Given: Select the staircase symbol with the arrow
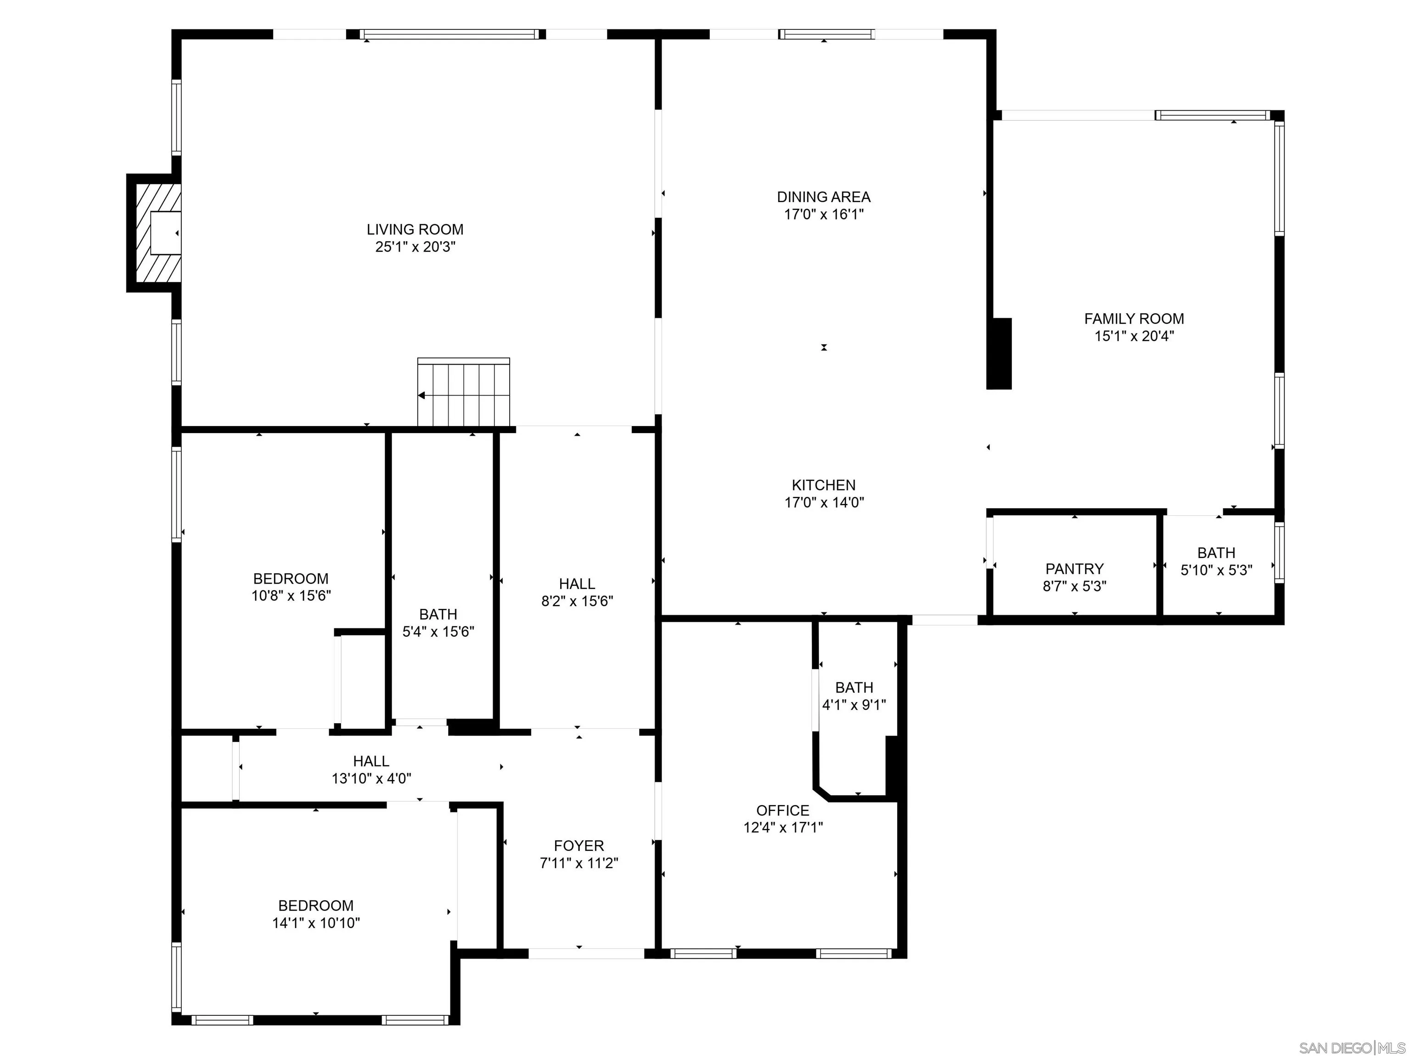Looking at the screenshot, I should point(463,392).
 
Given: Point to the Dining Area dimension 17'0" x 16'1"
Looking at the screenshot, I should point(824,214).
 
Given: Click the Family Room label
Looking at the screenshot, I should point(1134,319).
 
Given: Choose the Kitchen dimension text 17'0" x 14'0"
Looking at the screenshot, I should point(824,502).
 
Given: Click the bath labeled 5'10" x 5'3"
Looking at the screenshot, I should point(1216,561).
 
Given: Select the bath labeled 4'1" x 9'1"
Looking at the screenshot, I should point(854,696).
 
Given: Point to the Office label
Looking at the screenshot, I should point(783,810).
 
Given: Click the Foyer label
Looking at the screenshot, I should point(579,846).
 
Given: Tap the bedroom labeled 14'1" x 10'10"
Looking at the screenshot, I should point(316,914).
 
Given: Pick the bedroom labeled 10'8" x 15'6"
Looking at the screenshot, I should point(291,587).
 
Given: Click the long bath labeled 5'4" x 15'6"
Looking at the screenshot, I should point(438,623).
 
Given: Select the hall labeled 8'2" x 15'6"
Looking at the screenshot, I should point(577,592).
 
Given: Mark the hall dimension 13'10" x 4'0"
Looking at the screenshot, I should point(371,778).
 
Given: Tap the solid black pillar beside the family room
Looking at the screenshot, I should point(999,353).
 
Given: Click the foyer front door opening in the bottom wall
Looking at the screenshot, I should point(586,953).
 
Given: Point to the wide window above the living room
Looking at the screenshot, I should point(450,34).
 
